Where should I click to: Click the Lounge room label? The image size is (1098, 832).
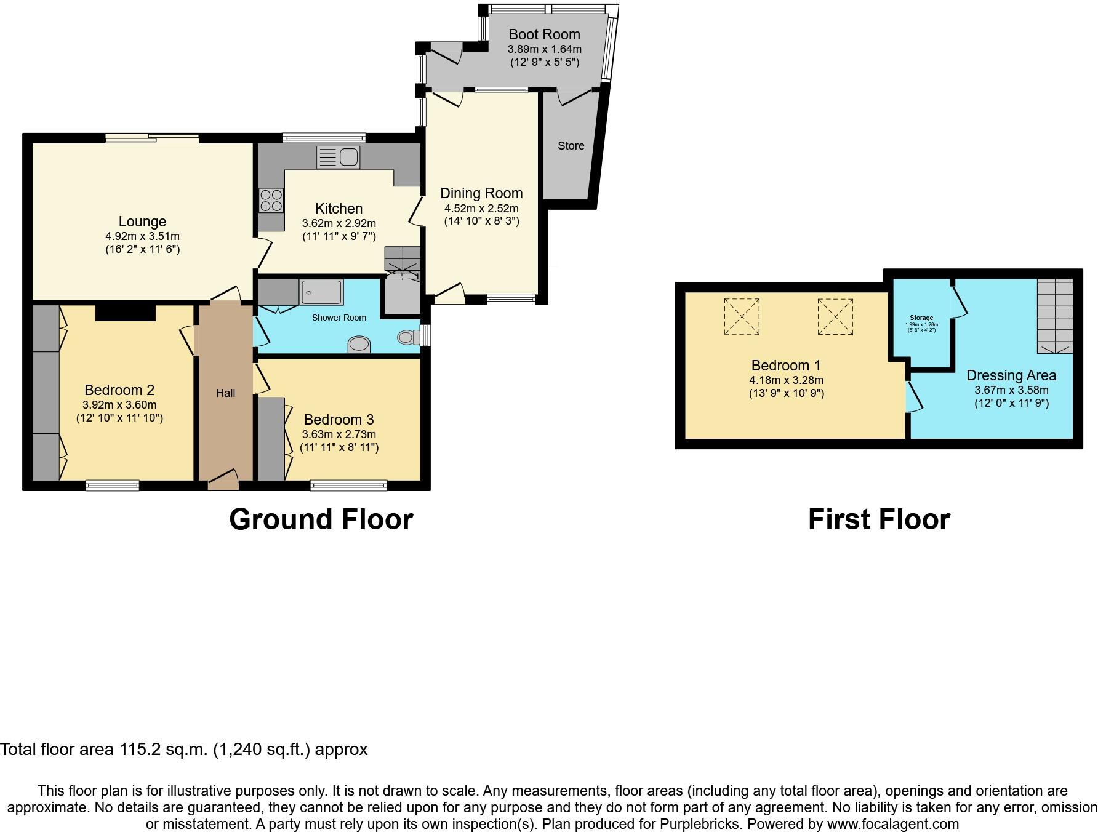[142, 222]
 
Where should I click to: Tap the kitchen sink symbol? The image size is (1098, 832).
[338, 158]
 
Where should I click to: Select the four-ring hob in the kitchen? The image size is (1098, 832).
[271, 200]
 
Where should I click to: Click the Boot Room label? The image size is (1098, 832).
[544, 34]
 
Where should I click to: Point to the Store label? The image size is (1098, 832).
[571, 146]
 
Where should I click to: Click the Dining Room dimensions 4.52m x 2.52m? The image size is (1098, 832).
[481, 209]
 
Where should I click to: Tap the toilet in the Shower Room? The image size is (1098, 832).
[407, 337]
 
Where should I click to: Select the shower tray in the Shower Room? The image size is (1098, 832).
[321, 292]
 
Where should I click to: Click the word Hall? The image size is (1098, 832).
[225, 393]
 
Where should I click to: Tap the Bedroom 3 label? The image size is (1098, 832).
[339, 420]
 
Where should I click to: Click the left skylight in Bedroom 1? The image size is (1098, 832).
[742, 316]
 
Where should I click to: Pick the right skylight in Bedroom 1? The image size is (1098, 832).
[835, 316]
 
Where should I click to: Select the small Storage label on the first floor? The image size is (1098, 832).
[921, 318]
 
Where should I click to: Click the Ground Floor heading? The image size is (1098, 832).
[321, 519]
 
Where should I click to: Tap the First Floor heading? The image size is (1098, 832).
[878, 519]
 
